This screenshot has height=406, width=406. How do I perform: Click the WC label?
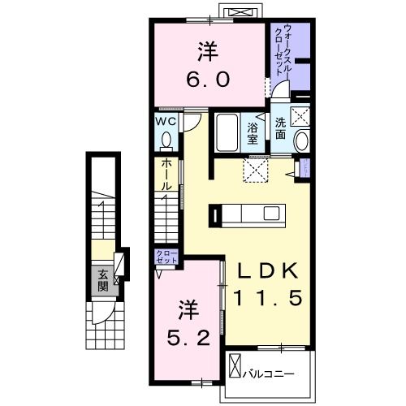point(166,122)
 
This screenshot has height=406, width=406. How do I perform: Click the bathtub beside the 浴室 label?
point(227,132)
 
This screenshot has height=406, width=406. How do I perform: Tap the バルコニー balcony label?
point(268,374)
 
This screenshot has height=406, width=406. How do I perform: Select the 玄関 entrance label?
point(104,281)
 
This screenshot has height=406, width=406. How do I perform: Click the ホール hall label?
point(166,174)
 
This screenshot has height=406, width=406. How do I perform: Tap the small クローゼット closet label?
point(166,257)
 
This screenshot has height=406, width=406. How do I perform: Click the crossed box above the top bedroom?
point(243,13)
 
